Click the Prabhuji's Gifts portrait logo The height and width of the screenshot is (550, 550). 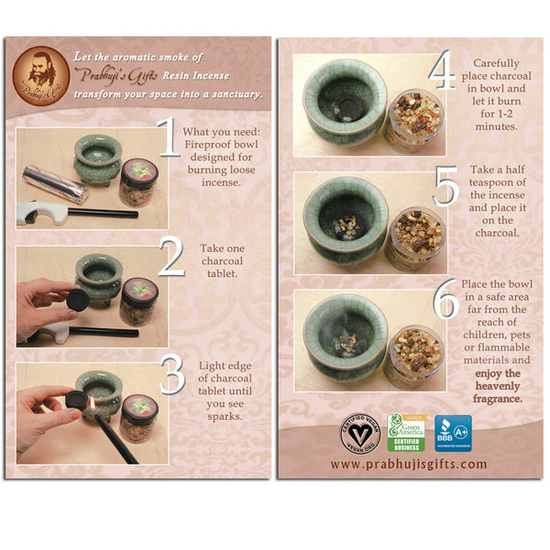pos(39,72)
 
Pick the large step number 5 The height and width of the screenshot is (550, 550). pos(446,188)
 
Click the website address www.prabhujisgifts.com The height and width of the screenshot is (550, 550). pos(409,464)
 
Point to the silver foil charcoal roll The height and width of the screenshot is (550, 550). pos(54,182)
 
